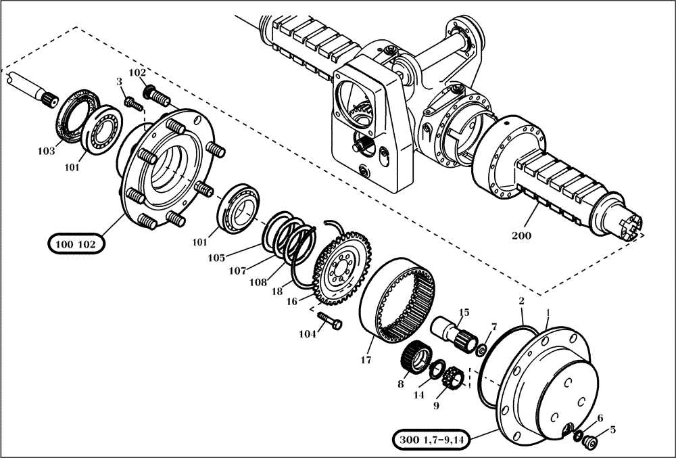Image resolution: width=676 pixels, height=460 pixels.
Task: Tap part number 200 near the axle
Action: (x=521, y=236)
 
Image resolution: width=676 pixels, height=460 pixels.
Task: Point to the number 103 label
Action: (x=46, y=152)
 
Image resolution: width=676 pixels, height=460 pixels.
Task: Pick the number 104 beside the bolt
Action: (x=307, y=333)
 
